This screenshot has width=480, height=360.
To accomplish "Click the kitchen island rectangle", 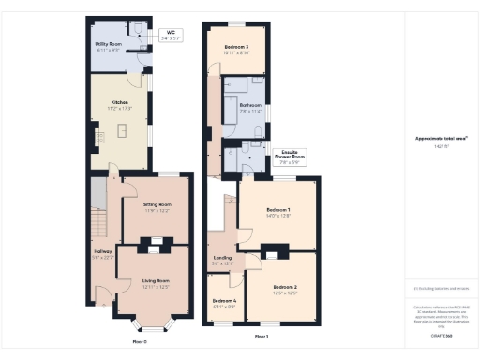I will pyautogui.click(x=121, y=130).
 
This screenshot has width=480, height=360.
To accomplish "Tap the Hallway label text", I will pyautogui.click(x=103, y=251).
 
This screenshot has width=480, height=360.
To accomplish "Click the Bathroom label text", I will pyautogui.click(x=249, y=106).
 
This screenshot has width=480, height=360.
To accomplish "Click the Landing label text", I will pyautogui.click(x=222, y=259).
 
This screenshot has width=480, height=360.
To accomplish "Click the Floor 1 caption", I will pyautogui.click(x=262, y=336).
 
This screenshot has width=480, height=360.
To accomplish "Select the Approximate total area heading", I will pyautogui.click(x=442, y=138).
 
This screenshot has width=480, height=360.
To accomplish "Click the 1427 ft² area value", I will pyautogui.click(x=442, y=146).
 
